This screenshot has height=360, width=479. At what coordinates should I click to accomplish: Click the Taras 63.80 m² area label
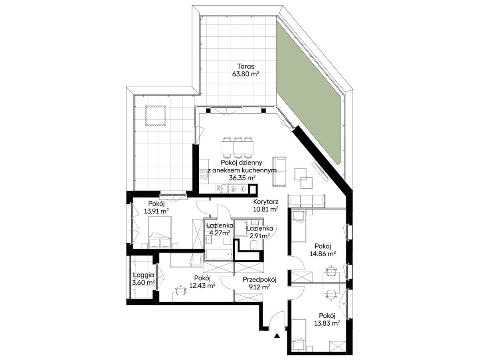click(245, 70)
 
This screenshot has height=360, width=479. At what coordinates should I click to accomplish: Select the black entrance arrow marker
click(277, 336)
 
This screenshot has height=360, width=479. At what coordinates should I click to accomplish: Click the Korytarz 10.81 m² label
click(265, 205)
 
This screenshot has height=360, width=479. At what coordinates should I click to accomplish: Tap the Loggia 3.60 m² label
click(143, 279)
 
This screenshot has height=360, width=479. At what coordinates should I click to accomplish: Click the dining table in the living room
click(237, 147)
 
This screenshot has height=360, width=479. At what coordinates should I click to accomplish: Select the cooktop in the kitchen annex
click(204, 174)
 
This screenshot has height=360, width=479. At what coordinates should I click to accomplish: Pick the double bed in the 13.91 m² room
click(160, 232)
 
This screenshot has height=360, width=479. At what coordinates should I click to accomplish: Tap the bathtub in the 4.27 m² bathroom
click(219, 255)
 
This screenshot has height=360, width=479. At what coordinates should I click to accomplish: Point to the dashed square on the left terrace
click(155, 115)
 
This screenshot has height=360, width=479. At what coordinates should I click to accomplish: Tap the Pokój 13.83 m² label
click(327, 319)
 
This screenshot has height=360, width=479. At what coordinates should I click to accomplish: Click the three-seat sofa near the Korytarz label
click(307, 200)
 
